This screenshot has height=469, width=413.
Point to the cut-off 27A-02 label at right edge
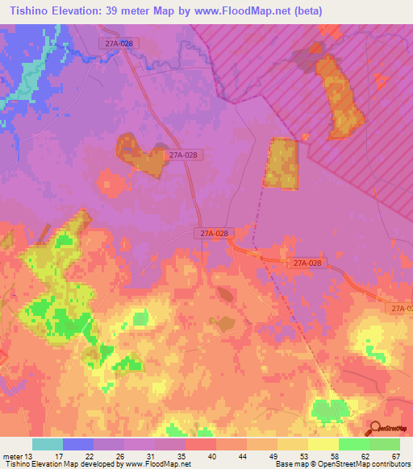coord(401,309)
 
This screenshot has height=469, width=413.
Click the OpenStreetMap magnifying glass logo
coord(375,429)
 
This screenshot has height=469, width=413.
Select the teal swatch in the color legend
coord(48,444)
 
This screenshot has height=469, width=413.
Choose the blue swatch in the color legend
coord(78,444)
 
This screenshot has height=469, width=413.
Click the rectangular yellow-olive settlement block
coord(282,164)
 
